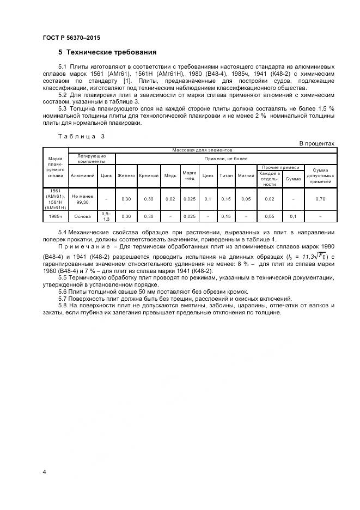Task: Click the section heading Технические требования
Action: (x=111, y=52)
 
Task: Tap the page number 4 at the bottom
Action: (x=44, y=471)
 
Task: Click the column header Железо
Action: (x=126, y=175)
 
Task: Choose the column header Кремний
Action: (x=149, y=175)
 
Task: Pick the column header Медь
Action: (x=170, y=175)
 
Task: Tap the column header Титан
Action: (x=226, y=175)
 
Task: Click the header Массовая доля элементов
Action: (x=202, y=149)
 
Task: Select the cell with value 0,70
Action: (x=320, y=199)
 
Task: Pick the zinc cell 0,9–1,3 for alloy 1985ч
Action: (x=106, y=216)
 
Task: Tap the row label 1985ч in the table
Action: (x=56, y=216)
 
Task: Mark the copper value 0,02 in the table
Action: (x=170, y=199)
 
